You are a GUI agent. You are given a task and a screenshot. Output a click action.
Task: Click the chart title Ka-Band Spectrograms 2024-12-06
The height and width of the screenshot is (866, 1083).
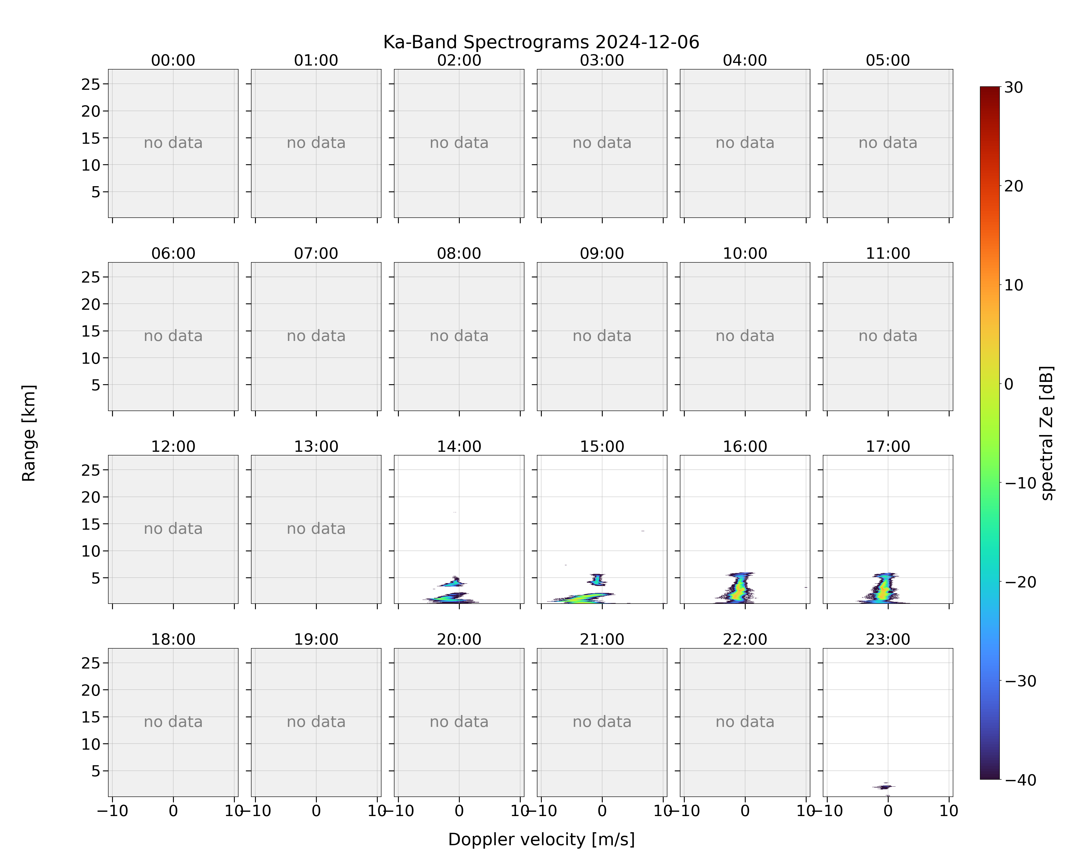click(541, 42)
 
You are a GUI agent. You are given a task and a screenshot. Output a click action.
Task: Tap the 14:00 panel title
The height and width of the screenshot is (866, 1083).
click(459, 446)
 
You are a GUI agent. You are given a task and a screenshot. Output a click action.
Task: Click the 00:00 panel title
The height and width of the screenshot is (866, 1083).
click(173, 60)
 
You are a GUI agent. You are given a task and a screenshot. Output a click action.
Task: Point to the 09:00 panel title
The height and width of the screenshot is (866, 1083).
click(602, 253)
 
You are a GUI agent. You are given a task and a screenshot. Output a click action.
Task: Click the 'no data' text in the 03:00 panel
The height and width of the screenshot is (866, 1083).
click(602, 143)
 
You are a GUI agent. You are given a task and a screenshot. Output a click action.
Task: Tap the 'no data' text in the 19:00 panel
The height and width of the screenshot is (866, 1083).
click(316, 722)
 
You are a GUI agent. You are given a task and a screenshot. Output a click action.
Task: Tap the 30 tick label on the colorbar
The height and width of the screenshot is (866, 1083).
click(1014, 87)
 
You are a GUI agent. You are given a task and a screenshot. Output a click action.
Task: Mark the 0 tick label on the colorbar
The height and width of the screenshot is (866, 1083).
click(1009, 384)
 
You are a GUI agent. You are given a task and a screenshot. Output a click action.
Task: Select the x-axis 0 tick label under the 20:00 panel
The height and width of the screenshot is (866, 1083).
click(459, 811)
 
